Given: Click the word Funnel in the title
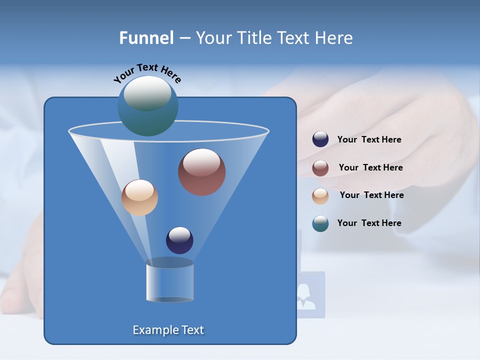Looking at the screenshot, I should click(146, 38).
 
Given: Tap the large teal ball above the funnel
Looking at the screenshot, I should click(147, 105).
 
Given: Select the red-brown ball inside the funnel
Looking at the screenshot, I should click(201, 172).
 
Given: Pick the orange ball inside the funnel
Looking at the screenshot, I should click(139, 197).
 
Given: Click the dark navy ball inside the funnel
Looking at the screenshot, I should click(179, 240).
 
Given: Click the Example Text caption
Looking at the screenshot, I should click(168, 330).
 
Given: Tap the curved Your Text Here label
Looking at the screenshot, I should click(147, 73).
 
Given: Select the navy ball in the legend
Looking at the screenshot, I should click(320, 139).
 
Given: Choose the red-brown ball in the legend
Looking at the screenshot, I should click(320, 168).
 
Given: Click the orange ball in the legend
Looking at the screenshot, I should click(320, 195).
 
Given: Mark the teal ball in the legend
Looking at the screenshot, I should click(320, 223).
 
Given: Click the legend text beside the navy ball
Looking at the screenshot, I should click(369, 140).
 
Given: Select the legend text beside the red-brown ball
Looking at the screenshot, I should click(370, 168).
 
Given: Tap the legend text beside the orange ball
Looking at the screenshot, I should click(371, 195).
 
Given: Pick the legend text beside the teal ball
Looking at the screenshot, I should click(369, 223).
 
